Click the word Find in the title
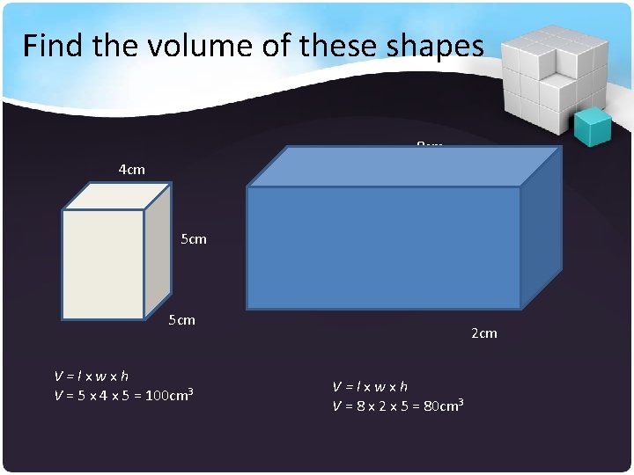point(52,45)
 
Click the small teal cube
point(592,127)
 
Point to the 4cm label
point(131,169)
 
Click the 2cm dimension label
point(484,332)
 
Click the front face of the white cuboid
point(103,264)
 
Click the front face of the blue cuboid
point(383,247)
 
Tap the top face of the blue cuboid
point(405,166)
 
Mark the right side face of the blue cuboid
point(541,229)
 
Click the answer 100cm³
point(169,394)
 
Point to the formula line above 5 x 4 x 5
point(92,376)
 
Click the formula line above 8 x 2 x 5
point(370,386)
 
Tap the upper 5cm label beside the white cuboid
point(193,238)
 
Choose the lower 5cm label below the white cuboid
point(181,319)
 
